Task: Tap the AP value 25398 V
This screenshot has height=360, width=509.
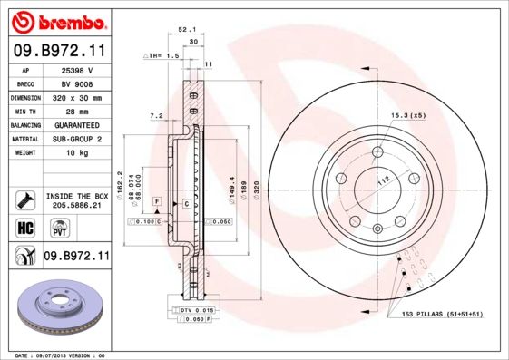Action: [76, 69]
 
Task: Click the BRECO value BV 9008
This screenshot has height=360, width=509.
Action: [76, 83]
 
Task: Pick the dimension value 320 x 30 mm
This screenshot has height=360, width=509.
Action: [76, 97]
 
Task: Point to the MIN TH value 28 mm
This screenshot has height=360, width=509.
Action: [76, 111]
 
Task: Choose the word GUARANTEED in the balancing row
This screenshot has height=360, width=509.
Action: [76, 125]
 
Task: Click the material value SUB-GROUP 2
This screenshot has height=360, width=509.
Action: [76, 139]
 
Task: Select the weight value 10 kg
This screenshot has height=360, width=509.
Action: [76, 153]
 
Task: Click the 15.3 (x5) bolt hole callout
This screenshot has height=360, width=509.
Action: [408, 116]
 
